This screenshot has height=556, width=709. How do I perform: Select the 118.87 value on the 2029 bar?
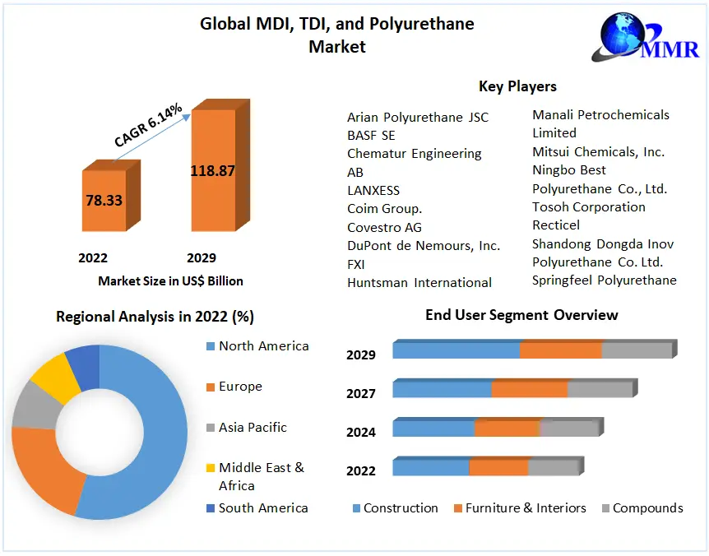212,171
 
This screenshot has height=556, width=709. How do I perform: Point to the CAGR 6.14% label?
148,126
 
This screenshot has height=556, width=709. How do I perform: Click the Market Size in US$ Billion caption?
170,281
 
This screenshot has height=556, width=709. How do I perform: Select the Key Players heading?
517,86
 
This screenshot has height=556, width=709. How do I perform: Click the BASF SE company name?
371,136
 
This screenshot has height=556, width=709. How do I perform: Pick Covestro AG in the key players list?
384,227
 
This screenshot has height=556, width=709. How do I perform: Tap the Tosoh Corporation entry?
588,206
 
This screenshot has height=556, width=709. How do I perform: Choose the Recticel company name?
556,225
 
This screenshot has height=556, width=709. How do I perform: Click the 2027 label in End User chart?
361,394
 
